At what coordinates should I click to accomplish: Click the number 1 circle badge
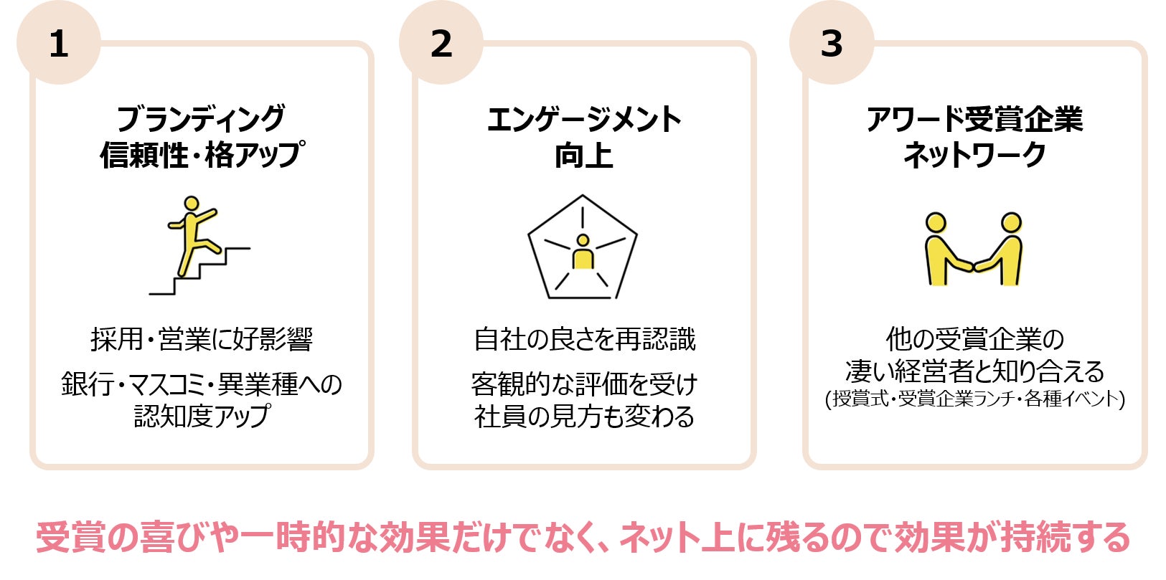[x=59, y=43]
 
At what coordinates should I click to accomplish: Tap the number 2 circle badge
[x=441, y=43]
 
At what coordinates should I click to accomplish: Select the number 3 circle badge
[x=832, y=43]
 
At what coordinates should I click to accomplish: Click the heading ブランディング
[x=202, y=119]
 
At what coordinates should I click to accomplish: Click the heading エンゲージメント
[x=584, y=119]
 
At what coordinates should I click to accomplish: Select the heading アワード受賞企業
[x=974, y=119]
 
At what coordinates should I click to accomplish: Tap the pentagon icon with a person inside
[x=583, y=248]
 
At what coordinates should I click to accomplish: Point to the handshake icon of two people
[x=974, y=249]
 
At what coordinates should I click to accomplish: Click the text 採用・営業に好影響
[x=202, y=339]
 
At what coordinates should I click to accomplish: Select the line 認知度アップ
[x=202, y=416]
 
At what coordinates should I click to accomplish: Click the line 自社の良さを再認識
[x=584, y=339]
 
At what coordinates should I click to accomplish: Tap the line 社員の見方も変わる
[x=584, y=416]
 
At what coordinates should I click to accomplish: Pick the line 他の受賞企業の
[x=974, y=338]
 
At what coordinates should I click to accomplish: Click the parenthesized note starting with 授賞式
[x=974, y=399]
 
